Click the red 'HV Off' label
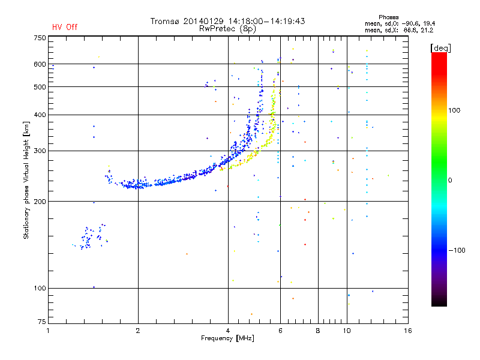point(65,27)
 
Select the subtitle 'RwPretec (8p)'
point(227,29)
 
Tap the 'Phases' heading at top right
point(388,17)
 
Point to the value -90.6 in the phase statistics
point(410,23)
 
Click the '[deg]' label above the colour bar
point(440,48)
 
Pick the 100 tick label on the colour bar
point(454,110)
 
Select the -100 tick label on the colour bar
point(457,250)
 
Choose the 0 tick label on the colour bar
point(450,181)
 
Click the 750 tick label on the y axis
point(40,38)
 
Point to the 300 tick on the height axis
point(40,151)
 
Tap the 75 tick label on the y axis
point(42,322)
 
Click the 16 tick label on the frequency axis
point(407,331)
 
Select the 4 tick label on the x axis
point(228,331)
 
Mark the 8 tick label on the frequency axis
point(318,331)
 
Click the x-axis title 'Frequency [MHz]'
point(227,338)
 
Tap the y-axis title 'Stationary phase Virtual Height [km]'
point(26,181)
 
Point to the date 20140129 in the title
point(203,21)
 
